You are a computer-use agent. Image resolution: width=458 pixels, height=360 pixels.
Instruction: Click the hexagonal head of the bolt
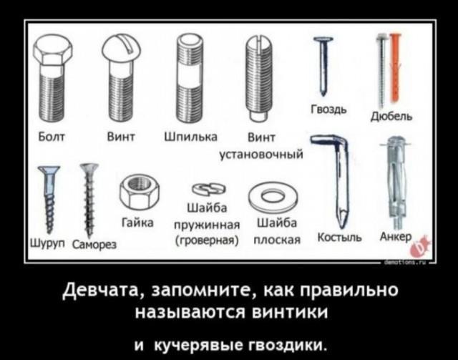pyautogui.click(x=53, y=52)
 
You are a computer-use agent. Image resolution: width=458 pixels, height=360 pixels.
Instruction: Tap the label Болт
pyautogui.click(x=52, y=137)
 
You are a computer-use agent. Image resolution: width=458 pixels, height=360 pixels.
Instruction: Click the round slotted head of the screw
pyautogui.click(x=121, y=48)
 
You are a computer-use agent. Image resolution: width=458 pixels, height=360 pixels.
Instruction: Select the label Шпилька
pyautogui.click(x=191, y=137)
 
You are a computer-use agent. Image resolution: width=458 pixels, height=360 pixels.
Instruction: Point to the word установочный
pyautogui.click(x=260, y=154)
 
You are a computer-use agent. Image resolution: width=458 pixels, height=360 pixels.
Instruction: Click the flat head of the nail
pyautogui.click(x=323, y=39)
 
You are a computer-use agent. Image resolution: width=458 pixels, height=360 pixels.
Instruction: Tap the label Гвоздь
pyautogui.click(x=328, y=110)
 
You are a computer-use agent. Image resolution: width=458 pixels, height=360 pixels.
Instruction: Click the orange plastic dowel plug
pyautogui.click(x=395, y=68)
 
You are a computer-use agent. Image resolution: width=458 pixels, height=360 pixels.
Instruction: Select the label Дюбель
pyautogui.click(x=391, y=116)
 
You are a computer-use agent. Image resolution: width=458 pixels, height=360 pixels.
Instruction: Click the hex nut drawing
pyautogui.click(x=140, y=192)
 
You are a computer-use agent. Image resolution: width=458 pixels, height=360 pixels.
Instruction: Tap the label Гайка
pyautogui.click(x=137, y=223)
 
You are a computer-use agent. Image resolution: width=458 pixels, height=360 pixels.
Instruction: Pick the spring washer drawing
pyautogui.click(x=210, y=190)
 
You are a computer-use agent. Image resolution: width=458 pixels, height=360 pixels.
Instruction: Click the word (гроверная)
pyautogui.click(x=208, y=240)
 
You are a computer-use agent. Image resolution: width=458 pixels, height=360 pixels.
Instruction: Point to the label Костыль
pyautogui.click(x=339, y=238)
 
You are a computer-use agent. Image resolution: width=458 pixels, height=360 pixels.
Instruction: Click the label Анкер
pyautogui.click(x=396, y=236)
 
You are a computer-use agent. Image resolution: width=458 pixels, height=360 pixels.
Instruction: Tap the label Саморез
pyautogui.click(x=94, y=244)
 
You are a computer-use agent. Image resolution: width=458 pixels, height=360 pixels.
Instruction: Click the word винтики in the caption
pyautogui.click(x=291, y=312)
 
